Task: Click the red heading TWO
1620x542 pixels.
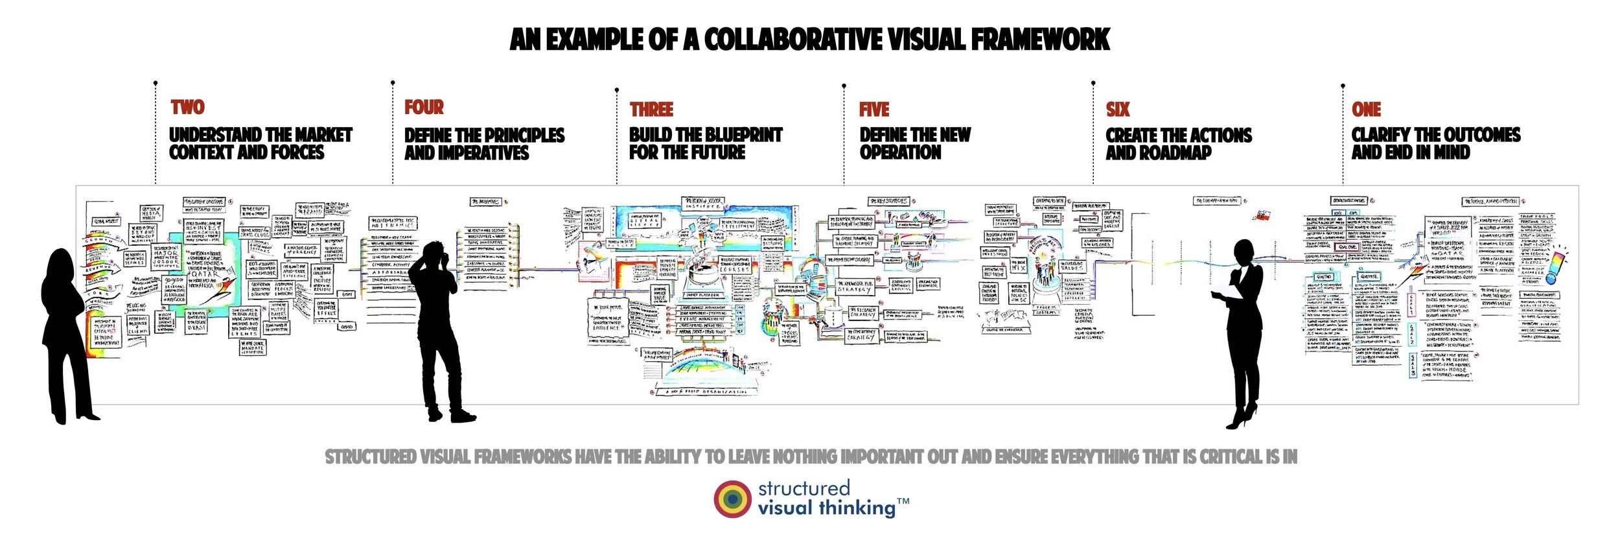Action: coord(187,107)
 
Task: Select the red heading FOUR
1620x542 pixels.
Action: coord(424,107)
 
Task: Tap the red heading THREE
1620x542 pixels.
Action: coord(651,110)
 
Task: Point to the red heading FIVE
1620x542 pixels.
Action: coord(874,110)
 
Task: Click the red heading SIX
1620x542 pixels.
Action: coord(1118,110)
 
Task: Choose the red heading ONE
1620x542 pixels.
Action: coord(1366,110)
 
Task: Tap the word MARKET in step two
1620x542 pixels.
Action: coord(323,135)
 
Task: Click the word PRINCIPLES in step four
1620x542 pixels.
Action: coord(524,135)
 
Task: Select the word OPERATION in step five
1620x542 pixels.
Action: coord(900,152)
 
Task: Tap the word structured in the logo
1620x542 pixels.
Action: coord(804,488)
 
